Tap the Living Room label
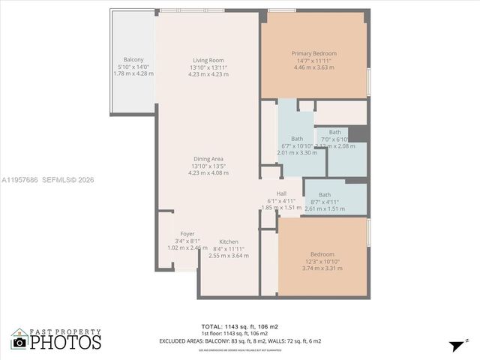(208, 60)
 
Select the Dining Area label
(208, 158)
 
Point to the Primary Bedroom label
(313, 53)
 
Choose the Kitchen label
(229, 241)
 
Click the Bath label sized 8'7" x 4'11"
(324, 195)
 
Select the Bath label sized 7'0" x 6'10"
(334, 132)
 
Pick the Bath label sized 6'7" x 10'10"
(297, 139)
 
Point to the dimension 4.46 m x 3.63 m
(313, 67)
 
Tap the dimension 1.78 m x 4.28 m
(133, 73)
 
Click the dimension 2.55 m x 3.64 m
(229, 255)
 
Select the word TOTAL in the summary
(211, 326)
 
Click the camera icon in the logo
(19, 342)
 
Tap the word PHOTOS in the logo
(65, 342)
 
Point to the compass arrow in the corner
(455, 345)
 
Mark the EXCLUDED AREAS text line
(240, 341)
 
